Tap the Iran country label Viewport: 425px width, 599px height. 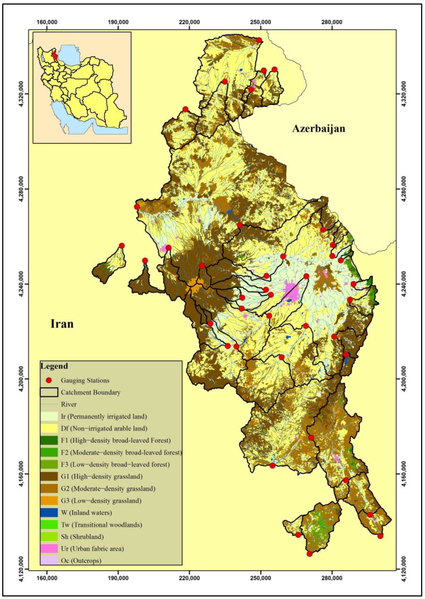click(x=62, y=324)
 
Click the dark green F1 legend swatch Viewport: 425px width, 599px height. click(x=49, y=440)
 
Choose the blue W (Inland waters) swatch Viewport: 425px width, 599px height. click(x=49, y=513)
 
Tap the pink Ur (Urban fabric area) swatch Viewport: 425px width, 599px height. click(x=49, y=549)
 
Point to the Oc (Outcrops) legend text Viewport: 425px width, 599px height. click(x=81, y=560)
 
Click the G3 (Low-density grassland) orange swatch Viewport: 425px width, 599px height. click(x=49, y=500)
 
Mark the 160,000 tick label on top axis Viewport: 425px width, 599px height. click(x=47, y=22)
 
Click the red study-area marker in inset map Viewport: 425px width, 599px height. click(x=55, y=56)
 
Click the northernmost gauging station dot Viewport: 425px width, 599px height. click(x=259, y=40)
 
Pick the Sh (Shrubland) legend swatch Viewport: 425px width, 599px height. click(x=49, y=537)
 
